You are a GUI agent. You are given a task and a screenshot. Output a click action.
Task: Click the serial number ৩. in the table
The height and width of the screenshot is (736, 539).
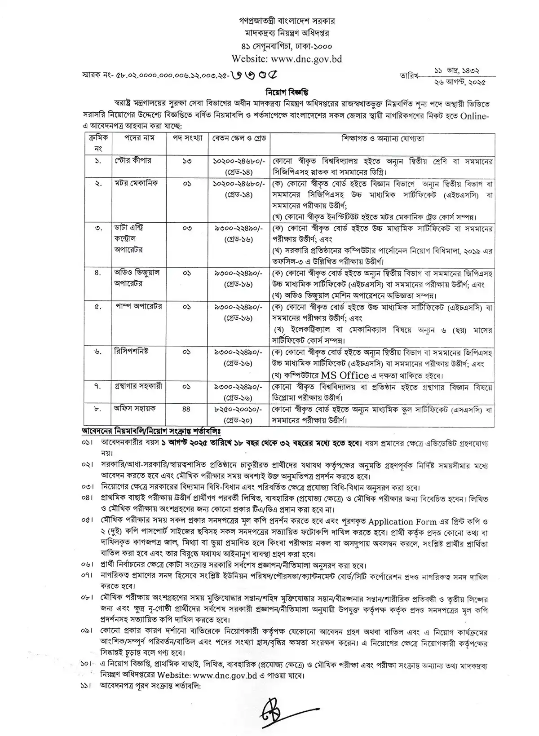tap(97, 228)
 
